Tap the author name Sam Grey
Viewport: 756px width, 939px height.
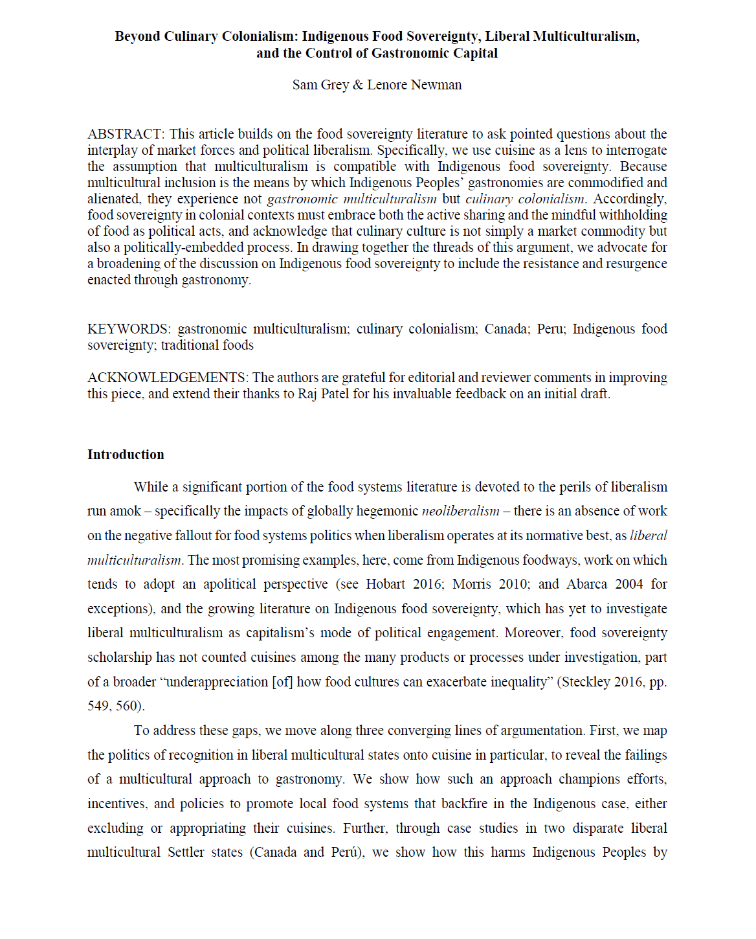320,85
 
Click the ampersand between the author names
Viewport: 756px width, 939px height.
357,85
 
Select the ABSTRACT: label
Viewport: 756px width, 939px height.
126,134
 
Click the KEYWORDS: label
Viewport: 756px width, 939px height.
129,329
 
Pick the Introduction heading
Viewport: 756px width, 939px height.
126,455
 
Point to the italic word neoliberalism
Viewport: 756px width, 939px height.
460,511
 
